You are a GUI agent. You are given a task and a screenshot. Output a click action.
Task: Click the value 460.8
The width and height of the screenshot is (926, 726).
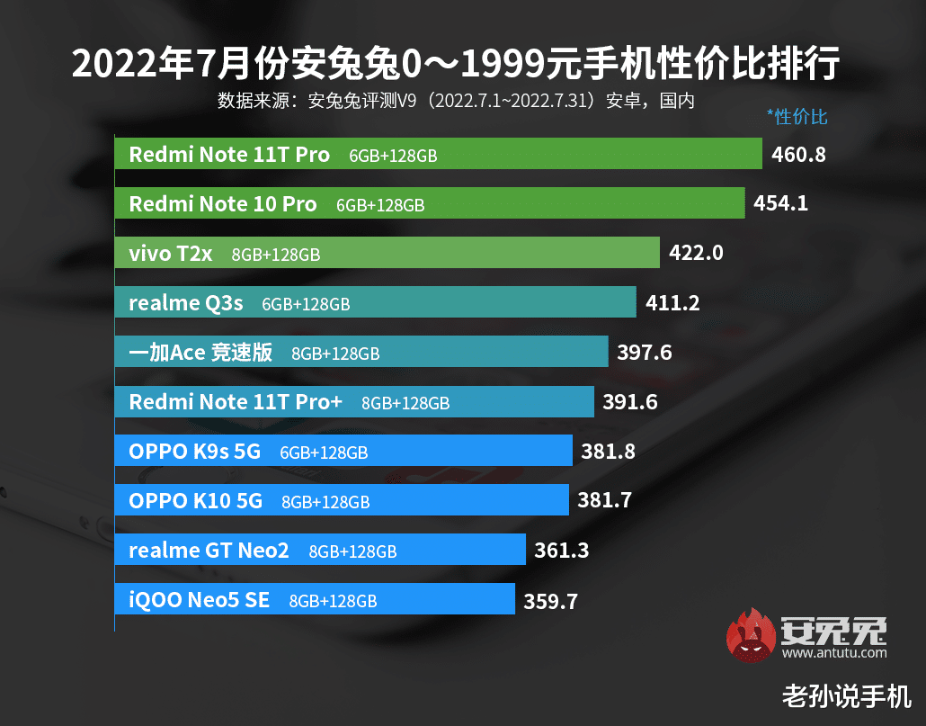[x=798, y=155]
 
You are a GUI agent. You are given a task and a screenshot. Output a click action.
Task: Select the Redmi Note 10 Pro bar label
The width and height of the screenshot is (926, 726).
[x=222, y=204]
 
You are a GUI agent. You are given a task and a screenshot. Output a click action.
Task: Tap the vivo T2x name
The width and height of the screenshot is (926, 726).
[x=170, y=254]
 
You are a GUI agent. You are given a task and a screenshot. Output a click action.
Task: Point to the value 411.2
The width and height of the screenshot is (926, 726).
[x=672, y=303]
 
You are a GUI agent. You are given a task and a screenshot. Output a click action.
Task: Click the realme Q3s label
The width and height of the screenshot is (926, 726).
[x=185, y=303]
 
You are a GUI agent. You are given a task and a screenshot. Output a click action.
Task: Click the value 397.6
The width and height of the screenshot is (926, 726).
[x=645, y=353]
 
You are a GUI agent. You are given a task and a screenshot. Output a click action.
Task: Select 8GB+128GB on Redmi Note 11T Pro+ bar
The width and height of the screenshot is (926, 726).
[x=405, y=403]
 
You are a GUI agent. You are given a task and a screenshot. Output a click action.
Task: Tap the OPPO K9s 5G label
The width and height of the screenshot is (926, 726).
[x=194, y=452]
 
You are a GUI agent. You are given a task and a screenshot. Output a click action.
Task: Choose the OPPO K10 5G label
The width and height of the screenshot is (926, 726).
[x=195, y=501]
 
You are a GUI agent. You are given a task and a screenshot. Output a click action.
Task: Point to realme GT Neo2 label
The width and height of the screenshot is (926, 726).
[x=209, y=550]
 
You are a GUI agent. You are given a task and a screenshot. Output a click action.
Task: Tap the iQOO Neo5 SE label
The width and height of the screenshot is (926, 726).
[x=199, y=599]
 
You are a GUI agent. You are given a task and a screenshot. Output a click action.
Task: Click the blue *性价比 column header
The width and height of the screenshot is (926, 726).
[x=797, y=117]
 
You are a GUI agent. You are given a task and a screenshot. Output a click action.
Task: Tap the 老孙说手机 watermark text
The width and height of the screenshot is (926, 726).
[x=847, y=695]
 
